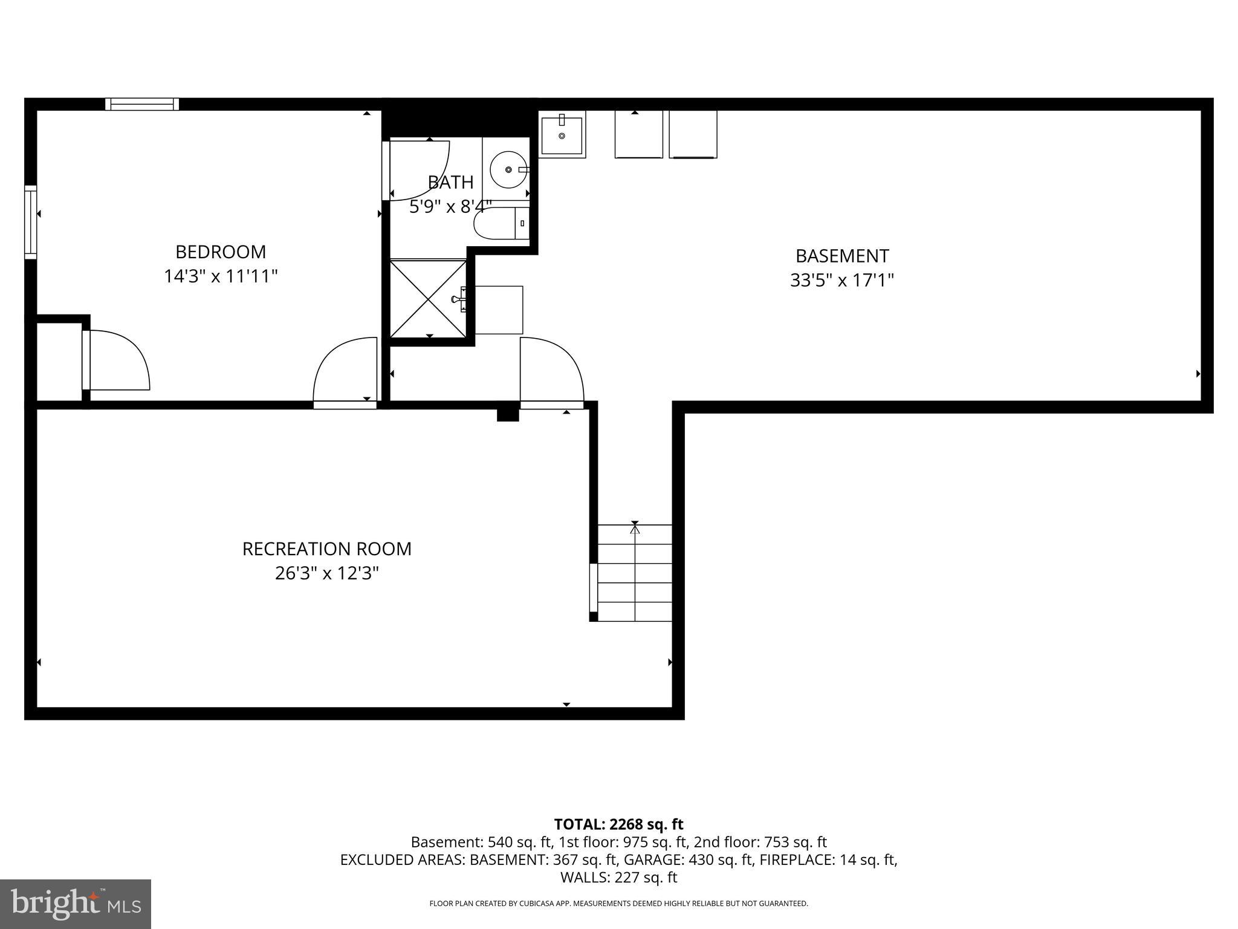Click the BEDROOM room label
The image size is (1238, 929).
click(221, 252)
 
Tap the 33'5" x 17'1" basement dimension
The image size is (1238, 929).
click(841, 281)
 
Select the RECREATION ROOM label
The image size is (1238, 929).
click(326, 549)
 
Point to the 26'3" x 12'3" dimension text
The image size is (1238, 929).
click(326, 573)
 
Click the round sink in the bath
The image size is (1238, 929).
click(508, 169)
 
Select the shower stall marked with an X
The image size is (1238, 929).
click(429, 299)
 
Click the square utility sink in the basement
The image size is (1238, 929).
click(562, 135)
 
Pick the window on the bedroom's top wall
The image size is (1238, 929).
click(142, 104)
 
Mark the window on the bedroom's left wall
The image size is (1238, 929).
click(30, 223)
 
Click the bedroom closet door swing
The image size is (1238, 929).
click(118, 360)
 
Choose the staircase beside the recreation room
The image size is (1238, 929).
click(635, 573)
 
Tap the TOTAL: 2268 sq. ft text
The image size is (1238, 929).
click(618, 824)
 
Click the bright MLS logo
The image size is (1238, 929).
click(76, 904)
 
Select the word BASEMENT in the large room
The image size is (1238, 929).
click(841, 256)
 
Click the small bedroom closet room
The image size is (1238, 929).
click(59, 362)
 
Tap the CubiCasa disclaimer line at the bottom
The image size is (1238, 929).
click(618, 904)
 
